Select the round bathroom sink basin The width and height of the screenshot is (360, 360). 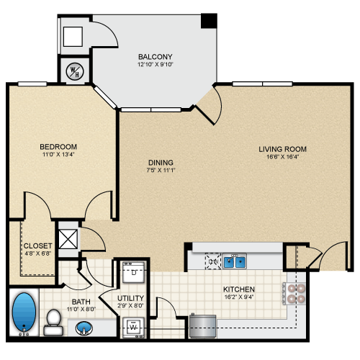(84, 328)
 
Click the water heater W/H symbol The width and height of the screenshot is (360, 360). (75, 71)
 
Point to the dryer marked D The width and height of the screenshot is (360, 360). (134, 272)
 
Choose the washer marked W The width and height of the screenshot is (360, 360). (133, 327)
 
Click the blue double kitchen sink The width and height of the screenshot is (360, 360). (234, 262)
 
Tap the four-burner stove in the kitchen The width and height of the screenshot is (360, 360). (294, 293)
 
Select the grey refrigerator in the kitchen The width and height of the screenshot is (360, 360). (203, 326)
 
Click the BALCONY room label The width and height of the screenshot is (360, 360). (156, 57)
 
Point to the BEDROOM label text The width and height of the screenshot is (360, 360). (58, 146)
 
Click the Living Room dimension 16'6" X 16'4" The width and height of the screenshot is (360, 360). (283, 157)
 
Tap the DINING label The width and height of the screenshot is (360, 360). (161, 163)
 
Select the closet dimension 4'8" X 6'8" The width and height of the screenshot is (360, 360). (38, 253)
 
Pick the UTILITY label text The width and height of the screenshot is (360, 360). (130, 298)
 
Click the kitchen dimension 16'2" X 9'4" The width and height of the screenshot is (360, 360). (239, 297)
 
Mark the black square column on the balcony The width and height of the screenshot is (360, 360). (209, 21)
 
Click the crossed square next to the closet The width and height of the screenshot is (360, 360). (68, 239)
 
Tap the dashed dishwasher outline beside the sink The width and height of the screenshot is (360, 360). (213, 261)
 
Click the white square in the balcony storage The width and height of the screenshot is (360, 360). (73, 37)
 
